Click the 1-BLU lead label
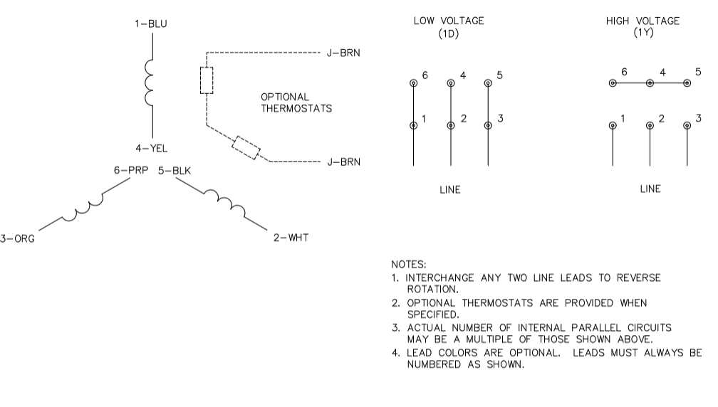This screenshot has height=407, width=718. [152, 23]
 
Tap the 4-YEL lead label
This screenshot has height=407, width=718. [152, 149]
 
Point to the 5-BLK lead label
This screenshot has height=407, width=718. [175, 171]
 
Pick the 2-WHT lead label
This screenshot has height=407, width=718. [291, 237]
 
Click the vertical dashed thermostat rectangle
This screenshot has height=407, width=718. [207, 80]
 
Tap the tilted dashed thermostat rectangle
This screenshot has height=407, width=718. [246, 147]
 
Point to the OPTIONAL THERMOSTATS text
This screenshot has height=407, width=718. [296, 103]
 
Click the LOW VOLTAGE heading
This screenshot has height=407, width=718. [449, 27]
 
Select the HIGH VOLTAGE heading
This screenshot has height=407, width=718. [642, 27]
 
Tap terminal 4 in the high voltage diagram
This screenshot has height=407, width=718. [650, 83]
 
